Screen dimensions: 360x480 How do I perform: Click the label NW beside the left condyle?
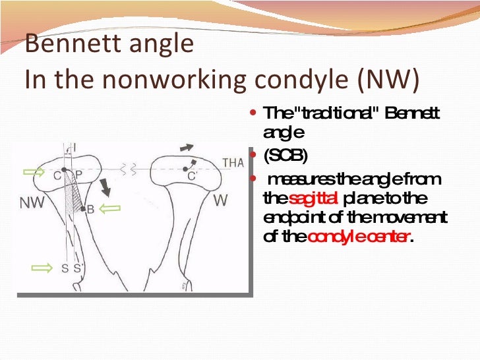click(x=32, y=202)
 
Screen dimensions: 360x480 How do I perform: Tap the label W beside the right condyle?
click(x=222, y=198)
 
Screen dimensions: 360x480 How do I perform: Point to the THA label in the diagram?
click(x=233, y=163)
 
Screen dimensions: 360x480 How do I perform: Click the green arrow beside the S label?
click(x=42, y=267)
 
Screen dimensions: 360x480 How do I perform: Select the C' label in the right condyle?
click(x=192, y=176)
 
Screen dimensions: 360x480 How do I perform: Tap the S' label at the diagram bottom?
click(x=76, y=268)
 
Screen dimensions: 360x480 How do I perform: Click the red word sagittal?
click(x=313, y=198)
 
